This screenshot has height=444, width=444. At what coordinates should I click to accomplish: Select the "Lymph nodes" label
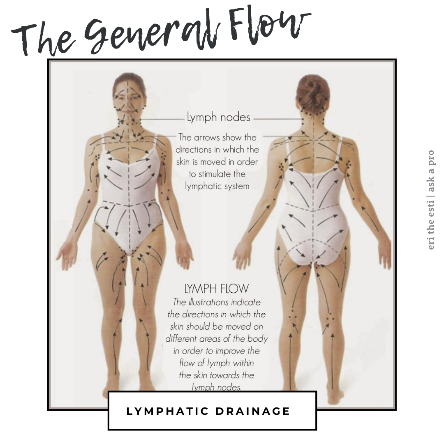(x=218, y=117)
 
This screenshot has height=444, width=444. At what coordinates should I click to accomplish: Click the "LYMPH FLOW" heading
(x=217, y=288)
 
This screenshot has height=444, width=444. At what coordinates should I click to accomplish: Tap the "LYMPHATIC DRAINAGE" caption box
(x=212, y=411)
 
